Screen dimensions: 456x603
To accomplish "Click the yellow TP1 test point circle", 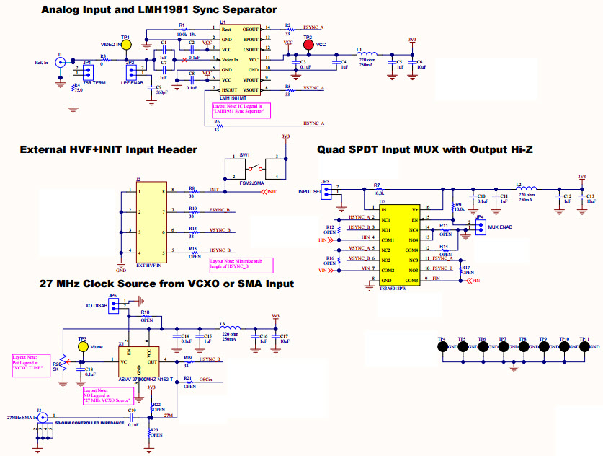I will [126, 44].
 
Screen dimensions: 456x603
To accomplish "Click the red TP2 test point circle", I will [309, 45].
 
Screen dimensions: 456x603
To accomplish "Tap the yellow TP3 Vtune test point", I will [84, 347].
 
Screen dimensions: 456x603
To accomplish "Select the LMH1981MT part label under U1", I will [233, 98].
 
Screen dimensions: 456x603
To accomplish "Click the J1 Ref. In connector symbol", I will [61, 63].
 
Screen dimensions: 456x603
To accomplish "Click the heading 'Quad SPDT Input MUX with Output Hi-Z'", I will [430, 149].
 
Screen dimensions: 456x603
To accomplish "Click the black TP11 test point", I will [584, 347].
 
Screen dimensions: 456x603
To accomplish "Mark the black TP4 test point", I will [441, 347].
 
